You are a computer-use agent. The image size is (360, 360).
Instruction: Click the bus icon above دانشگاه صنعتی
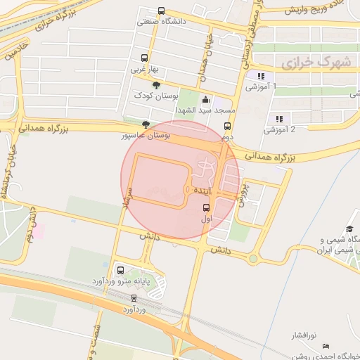point(162,11)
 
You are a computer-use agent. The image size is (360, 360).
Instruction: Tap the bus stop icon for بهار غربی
point(145,58)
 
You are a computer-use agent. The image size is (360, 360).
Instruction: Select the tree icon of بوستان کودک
point(155,85)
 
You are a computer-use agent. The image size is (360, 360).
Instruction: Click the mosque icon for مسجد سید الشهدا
point(205,100)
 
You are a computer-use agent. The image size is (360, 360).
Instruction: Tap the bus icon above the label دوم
point(227,127)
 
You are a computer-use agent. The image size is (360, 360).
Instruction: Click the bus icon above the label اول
point(207,207)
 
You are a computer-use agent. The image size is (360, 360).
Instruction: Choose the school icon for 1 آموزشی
point(261,76)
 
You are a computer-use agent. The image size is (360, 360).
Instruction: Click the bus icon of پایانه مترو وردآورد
point(120,270)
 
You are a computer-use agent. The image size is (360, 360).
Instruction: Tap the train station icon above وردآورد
point(134,297)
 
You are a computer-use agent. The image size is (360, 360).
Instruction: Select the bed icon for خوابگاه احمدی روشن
point(325,346)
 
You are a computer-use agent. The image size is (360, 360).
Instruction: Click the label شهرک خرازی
point(316,63)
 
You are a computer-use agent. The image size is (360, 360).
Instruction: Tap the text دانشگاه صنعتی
point(161,22)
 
